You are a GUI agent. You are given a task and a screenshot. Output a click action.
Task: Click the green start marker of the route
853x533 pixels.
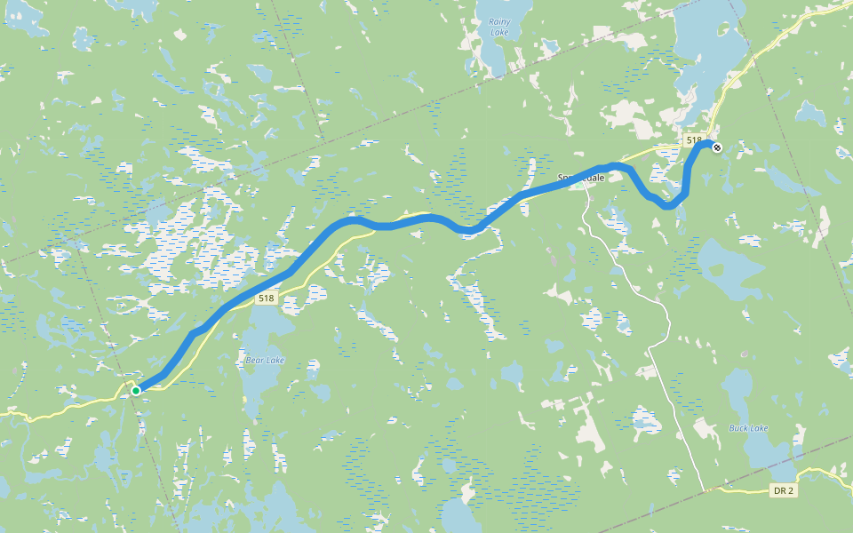tap(136, 390)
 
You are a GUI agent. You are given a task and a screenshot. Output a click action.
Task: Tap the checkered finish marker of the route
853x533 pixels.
tap(717, 147)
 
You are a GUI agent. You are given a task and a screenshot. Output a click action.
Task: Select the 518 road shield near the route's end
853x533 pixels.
tap(694, 140)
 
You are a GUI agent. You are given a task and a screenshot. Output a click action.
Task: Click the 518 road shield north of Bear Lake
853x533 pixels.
tap(266, 298)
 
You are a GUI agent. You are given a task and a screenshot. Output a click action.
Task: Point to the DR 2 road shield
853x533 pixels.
tap(782, 490)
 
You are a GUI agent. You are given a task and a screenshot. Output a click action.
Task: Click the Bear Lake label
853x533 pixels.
tap(264, 360)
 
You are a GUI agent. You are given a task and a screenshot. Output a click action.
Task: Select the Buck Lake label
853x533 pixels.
tap(748, 428)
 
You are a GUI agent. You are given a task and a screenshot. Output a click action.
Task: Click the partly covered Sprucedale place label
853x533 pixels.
tap(581, 178)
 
